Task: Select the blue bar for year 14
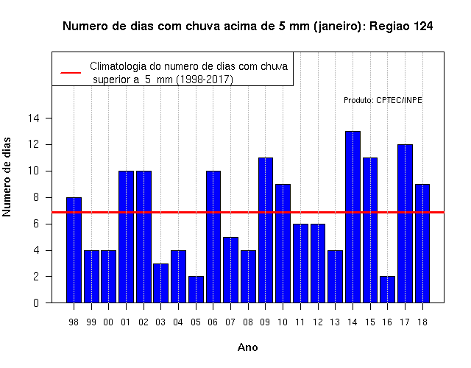(x=353, y=217)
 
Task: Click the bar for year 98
(x=74, y=250)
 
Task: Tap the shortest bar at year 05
(x=196, y=289)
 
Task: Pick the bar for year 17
(x=405, y=224)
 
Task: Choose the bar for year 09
(x=266, y=230)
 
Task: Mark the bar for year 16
(x=388, y=289)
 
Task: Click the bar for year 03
(x=160, y=283)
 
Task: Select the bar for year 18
(x=422, y=244)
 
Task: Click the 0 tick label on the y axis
(x=36, y=302)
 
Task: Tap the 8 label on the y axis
(x=36, y=197)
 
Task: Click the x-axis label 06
(x=213, y=322)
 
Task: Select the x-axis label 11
(x=300, y=322)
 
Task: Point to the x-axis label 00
(x=108, y=322)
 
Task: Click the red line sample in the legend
(x=71, y=73)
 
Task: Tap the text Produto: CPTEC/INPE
(x=383, y=100)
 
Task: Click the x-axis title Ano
(x=247, y=347)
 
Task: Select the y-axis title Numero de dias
(x=7, y=177)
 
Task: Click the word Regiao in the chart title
(x=389, y=26)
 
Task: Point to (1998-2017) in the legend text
(x=205, y=79)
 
